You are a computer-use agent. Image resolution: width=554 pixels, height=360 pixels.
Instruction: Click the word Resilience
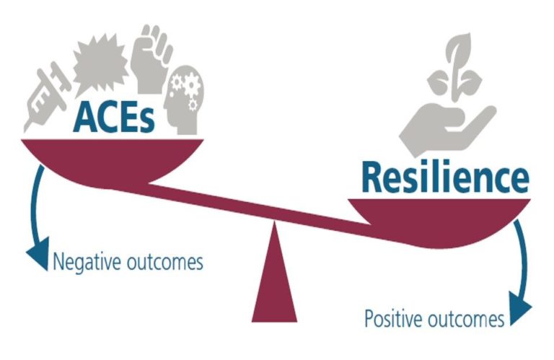(x=444, y=177)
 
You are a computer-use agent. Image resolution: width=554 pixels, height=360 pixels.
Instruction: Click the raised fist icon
(x=151, y=55)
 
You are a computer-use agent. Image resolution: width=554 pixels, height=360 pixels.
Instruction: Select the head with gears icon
(x=185, y=101)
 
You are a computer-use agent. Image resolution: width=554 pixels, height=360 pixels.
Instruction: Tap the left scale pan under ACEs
(x=108, y=159)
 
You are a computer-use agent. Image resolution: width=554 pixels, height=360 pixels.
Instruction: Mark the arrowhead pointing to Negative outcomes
(x=35, y=255)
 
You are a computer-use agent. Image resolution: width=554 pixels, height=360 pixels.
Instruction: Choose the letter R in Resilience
(x=374, y=176)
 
